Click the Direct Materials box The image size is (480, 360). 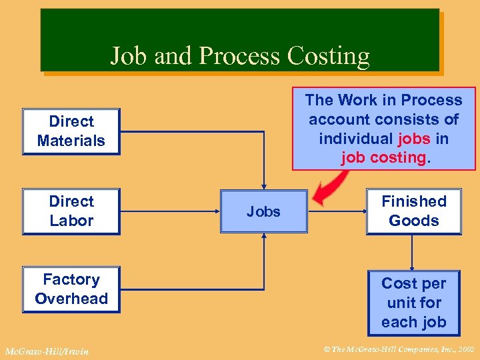(x=71, y=131)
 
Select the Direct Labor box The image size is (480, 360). (x=71, y=211)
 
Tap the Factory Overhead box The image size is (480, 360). (x=71, y=289)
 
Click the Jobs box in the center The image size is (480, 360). (x=264, y=212)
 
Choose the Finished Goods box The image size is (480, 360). (x=413, y=211)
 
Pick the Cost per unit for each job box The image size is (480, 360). (x=413, y=303)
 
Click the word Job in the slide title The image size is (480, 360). (x=129, y=56)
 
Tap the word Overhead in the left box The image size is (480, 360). (x=71, y=299)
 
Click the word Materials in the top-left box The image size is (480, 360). (x=71, y=141)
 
